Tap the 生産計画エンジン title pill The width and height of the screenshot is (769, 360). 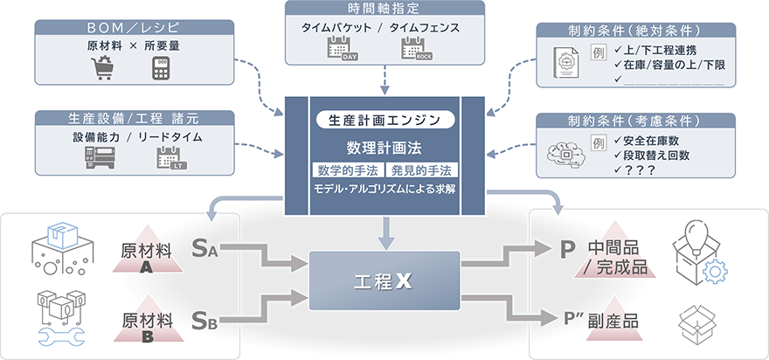[384, 119]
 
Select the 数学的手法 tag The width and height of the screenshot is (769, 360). [348, 169]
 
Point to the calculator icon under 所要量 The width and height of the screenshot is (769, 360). [160, 68]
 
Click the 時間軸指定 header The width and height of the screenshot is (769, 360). [384, 10]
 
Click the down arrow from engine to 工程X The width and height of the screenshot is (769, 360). [384, 230]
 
